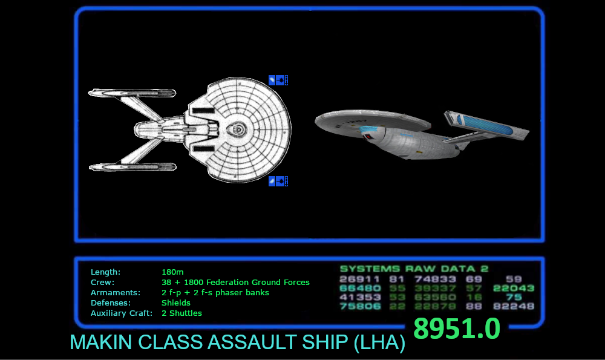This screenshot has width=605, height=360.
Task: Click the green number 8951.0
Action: click(457, 329)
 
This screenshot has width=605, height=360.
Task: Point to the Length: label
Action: click(105, 272)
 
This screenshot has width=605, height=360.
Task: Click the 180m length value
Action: click(172, 272)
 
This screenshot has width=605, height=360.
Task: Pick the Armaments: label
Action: click(115, 293)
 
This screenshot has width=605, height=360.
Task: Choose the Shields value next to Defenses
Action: click(176, 303)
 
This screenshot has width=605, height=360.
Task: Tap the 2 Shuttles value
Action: click(181, 313)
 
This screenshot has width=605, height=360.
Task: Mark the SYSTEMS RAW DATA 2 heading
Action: click(414, 269)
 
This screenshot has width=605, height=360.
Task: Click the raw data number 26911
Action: click(360, 280)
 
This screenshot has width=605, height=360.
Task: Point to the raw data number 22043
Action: click(514, 289)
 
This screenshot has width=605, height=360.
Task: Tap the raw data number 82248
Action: click(514, 306)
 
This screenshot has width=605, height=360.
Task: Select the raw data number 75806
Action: click(360, 306)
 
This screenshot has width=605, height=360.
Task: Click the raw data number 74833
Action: click(436, 280)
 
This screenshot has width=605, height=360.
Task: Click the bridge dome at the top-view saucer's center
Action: click(238, 129)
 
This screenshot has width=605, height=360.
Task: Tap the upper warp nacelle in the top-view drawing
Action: click(132, 93)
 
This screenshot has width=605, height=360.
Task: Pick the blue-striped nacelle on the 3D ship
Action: click(487, 126)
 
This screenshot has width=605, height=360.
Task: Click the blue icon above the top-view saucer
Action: click(272, 80)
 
